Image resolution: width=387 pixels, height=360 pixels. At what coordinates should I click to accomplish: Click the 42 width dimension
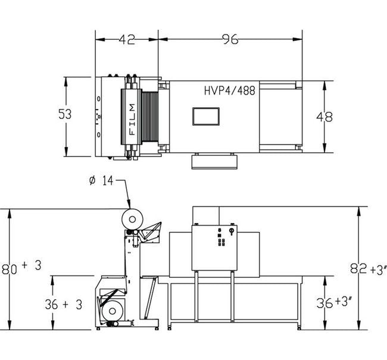[x=127, y=39]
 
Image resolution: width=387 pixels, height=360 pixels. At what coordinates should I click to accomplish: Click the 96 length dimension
[x=230, y=39]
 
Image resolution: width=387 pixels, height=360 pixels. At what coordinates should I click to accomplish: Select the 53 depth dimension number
[x=65, y=114]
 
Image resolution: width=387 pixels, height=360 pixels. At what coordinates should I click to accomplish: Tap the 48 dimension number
[x=324, y=117]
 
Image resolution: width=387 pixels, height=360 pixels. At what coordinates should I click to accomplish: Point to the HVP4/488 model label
[x=230, y=90]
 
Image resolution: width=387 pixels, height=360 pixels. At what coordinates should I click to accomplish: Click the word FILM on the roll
[x=133, y=119]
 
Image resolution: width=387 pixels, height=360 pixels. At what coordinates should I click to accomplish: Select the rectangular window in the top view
[x=206, y=116]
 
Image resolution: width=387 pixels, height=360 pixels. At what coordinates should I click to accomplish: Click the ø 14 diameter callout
[x=101, y=181]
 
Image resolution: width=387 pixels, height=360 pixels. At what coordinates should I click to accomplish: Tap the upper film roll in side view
[x=133, y=219]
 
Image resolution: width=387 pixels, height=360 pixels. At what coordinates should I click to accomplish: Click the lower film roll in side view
[x=112, y=311]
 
